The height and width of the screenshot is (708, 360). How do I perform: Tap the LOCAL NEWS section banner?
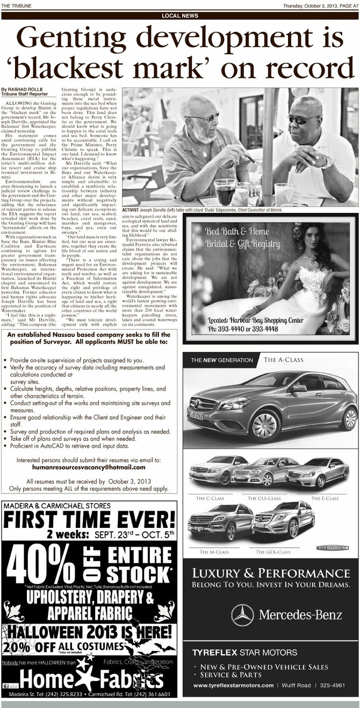pyautogui.click(x=179, y=16)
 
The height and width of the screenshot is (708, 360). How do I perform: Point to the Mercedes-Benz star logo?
pyautogui.click(x=242, y=615)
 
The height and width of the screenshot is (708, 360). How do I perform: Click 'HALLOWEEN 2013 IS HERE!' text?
pyautogui.click(x=89, y=631)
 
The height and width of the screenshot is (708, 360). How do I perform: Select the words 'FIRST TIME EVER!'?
pyautogui.click(x=89, y=519)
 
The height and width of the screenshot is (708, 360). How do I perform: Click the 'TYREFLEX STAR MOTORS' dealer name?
pyautogui.click(x=244, y=653)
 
